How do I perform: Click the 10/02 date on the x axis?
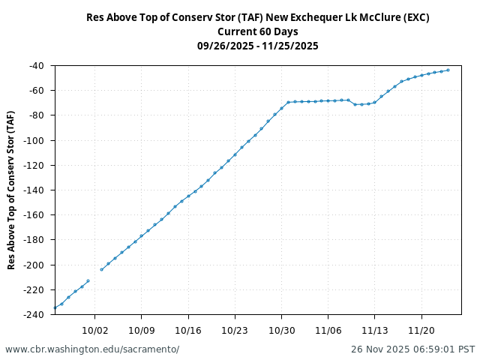[x=95, y=330]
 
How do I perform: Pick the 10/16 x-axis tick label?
[x=188, y=330]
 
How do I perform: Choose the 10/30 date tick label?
[x=281, y=330]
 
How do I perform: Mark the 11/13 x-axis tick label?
[x=374, y=330]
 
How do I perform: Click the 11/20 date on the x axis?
[x=421, y=330]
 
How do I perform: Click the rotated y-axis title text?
[x=11, y=190]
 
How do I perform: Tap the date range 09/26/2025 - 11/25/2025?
[x=258, y=46]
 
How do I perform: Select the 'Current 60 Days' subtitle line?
[x=258, y=31]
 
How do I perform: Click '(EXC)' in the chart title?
[x=414, y=17]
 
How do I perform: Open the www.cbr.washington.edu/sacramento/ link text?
[x=92, y=349]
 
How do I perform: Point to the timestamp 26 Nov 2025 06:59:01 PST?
[x=412, y=349]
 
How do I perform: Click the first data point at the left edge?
[x=55, y=307]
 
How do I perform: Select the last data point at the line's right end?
[x=448, y=70]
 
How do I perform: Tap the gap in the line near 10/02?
[x=95, y=275]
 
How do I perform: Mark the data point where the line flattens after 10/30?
[x=289, y=102]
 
